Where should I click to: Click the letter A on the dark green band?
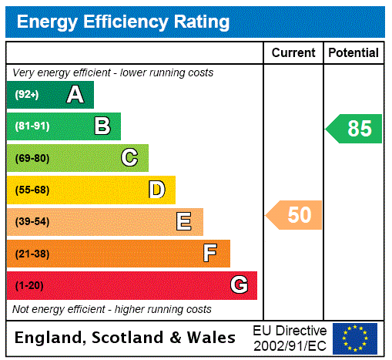pos(75,95)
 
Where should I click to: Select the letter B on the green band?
pos(102,126)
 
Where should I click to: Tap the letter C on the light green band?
pos(129,158)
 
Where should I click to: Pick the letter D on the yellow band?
pos(157,190)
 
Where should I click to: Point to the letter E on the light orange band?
pos(184,222)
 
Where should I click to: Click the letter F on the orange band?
pos(210,254)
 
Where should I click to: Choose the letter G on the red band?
pos(240,285)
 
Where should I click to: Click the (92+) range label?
pos(27,95)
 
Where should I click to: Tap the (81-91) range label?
pos(32,126)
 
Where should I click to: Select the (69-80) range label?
pos(32,158)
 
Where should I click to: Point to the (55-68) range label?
pos(32,190)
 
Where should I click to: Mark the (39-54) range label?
pos(32,222)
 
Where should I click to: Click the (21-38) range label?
pos(32,254)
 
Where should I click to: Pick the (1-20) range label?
pos(29,286)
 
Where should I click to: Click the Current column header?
pos(293,53)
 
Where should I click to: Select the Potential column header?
pos(353,53)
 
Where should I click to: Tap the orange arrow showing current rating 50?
pos(295,215)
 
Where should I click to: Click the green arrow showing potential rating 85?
pos(355,129)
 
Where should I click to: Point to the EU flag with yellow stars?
pos(355,338)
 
